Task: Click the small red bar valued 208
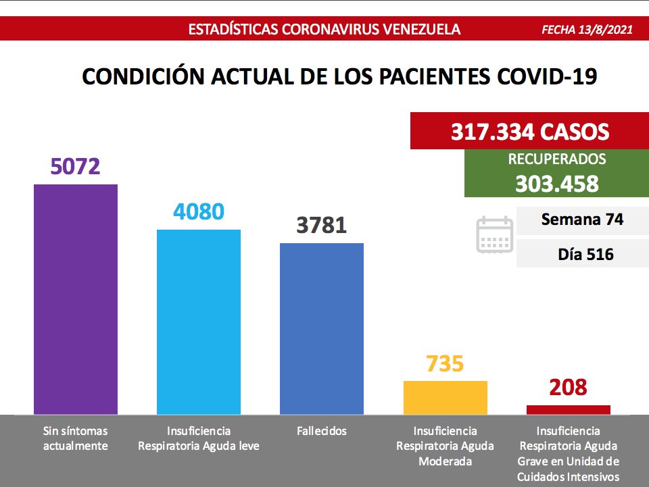click(x=568, y=409)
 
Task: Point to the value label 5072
click(x=76, y=166)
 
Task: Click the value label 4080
click(x=199, y=211)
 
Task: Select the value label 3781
click(x=322, y=225)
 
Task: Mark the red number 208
click(x=568, y=388)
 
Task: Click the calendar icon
click(x=495, y=234)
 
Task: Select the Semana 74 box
click(x=582, y=220)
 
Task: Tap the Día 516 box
click(x=582, y=255)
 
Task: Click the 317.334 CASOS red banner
click(x=529, y=131)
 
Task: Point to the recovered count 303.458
click(x=556, y=183)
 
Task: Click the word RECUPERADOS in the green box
click(x=556, y=160)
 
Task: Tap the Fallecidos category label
click(x=321, y=431)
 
